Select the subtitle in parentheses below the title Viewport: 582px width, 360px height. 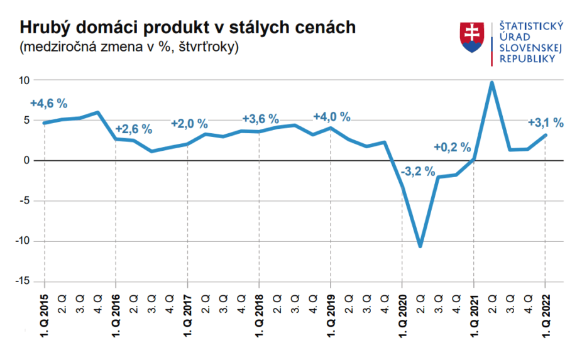tap(129, 47)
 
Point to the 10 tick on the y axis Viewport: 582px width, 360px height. tap(25, 80)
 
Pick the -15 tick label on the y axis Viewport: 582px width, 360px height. tap(23, 281)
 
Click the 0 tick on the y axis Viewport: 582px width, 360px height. tap(27, 161)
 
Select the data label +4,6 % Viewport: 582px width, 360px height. tap(48, 104)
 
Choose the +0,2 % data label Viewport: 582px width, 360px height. tap(453, 148)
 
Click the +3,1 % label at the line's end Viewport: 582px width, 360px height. tap(545, 123)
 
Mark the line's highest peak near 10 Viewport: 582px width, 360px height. tap(491, 83)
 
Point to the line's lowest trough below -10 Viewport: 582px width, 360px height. tap(420, 246)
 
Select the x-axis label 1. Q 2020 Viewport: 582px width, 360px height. tap(402, 315)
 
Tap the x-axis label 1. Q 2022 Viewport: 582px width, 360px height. tap(545, 315)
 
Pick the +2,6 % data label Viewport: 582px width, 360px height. tap(134, 129)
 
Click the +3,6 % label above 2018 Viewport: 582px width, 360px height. tap(260, 119)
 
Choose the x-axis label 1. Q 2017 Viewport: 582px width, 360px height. tap(187, 315)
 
